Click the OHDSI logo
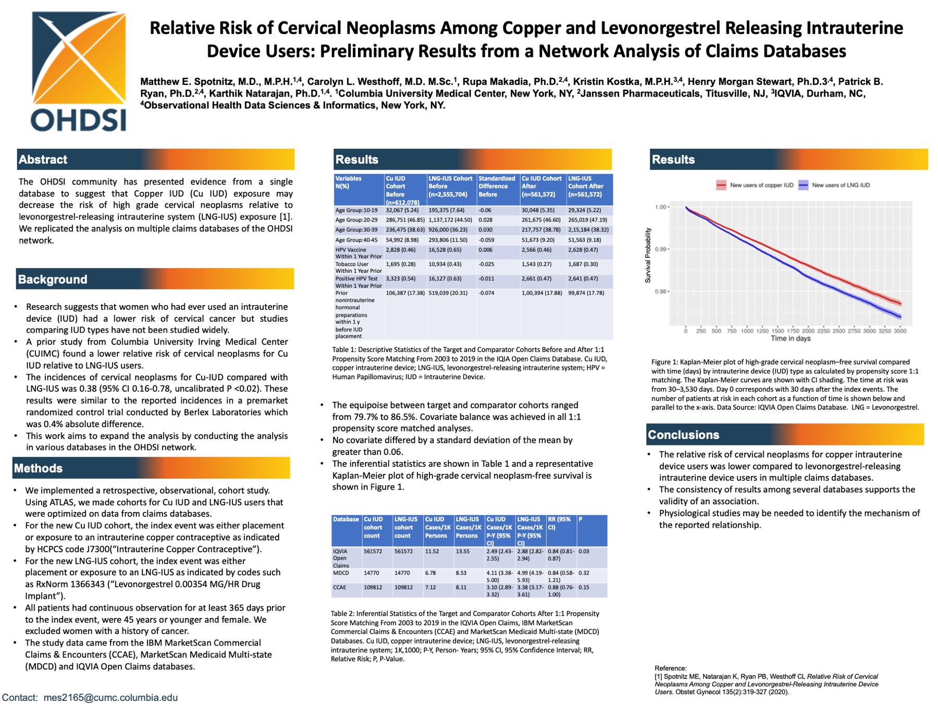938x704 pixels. tap(79, 71)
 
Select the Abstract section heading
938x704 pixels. tap(43, 160)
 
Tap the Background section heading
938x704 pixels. tap(53, 280)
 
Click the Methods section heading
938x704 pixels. tap(39, 468)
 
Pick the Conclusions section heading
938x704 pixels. tap(683, 435)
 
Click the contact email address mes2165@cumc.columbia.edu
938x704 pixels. tap(110, 698)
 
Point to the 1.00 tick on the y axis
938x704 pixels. tap(661, 207)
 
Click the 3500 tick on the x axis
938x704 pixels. tap(900, 331)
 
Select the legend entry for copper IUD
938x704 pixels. tap(761, 185)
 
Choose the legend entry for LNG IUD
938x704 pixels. tap(841, 185)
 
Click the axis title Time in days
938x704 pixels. tap(791, 338)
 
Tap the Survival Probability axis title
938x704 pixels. tap(648, 256)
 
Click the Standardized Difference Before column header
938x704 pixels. tap(497, 187)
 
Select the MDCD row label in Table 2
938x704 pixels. tap(341, 573)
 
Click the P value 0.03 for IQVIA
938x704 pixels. tap(584, 551)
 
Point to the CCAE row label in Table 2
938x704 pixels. tap(340, 588)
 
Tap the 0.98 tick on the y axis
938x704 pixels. tap(661, 292)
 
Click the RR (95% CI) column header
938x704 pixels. tap(560, 524)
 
